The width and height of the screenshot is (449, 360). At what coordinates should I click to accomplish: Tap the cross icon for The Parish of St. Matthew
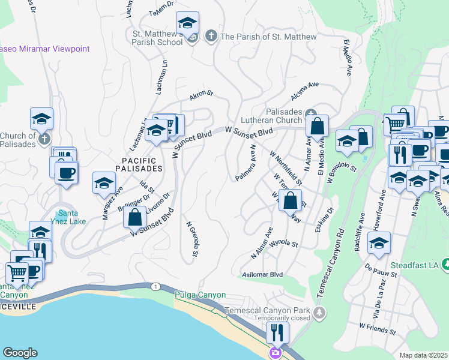coord(211,37)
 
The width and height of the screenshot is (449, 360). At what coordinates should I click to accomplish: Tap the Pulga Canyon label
coord(200,295)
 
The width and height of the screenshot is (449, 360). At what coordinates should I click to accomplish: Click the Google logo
coord(20,352)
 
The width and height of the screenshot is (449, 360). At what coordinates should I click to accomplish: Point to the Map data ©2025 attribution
coord(423,355)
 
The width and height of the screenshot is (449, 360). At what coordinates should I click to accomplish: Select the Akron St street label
coord(202,95)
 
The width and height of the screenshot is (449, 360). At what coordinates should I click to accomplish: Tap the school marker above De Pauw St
coord(379,244)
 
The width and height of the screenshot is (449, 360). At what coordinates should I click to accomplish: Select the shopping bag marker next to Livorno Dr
coord(134,217)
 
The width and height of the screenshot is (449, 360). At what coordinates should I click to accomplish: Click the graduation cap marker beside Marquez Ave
coord(104,183)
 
